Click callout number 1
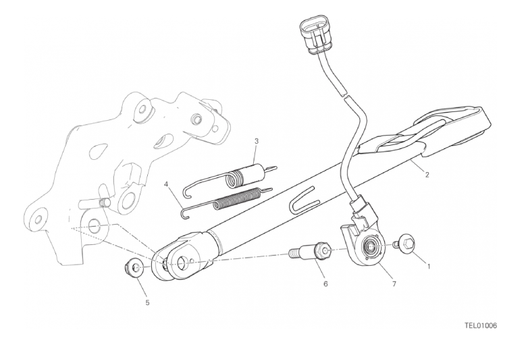tap(429, 267)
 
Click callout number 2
tap(427, 175)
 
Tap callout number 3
tap(257, 141)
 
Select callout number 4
tap(165, 184)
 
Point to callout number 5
tap(147, 303)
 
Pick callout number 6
tap(325, 284)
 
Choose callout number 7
tap(394, 284)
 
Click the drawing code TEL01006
tap(481, 325)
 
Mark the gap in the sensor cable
tap(344, 95)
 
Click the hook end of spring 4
tap(185, 214)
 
